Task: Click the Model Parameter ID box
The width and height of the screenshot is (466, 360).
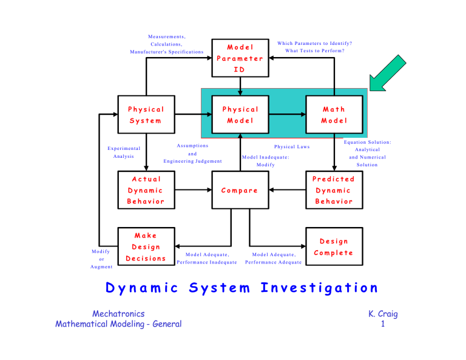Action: (x=240, y=58)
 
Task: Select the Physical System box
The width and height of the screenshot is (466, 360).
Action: (x=146, y=114)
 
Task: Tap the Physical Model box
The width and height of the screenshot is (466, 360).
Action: (x=240, y=114)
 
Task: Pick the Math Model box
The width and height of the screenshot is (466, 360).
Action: (x=334, y=114)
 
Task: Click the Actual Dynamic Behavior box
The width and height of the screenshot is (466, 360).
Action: (x=146, y=190)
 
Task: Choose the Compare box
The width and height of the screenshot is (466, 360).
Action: (x=240, y=190)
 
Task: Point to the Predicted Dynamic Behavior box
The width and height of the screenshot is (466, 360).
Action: (x=334, y=190)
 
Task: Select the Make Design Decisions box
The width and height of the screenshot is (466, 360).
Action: (x=146, y=246)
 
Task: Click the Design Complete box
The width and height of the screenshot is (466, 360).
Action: (x=334, y=246)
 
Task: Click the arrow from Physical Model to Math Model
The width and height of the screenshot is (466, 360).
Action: (x=287, y=114)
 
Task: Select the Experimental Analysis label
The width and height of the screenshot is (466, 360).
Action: (x=123, y=152)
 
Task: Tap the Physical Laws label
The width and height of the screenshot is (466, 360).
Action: (x=292, y=147)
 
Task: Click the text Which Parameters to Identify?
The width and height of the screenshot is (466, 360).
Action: (x=315, y=43)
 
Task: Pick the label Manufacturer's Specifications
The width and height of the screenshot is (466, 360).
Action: (x=167, y=52)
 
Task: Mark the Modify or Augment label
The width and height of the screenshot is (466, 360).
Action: (x=97, y=259)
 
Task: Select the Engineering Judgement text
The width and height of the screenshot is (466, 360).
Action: (x=192, y=161)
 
